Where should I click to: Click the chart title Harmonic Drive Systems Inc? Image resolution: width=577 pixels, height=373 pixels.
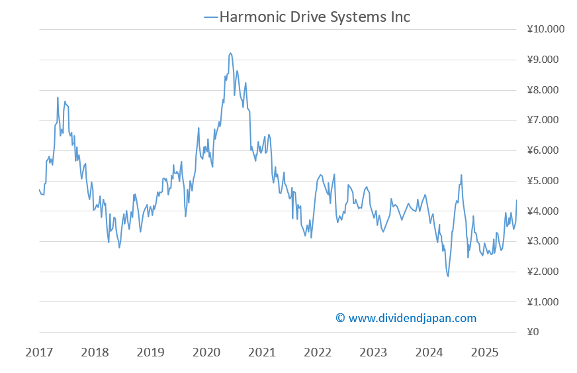point(314,17)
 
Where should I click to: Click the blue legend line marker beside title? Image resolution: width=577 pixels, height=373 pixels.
point(210,17)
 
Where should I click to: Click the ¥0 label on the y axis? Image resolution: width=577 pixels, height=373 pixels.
point(534,332)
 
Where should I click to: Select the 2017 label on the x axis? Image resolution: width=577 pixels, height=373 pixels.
point(39,352)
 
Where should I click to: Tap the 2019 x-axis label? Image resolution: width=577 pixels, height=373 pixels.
point(150,352)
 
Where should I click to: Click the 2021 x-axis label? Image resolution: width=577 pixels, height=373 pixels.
point(262,352)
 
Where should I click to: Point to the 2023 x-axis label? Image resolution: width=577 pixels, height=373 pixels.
point(373,352)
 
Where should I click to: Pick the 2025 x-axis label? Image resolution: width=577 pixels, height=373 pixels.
point(484,352)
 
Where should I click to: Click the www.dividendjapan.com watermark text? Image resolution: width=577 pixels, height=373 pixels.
point(406,318)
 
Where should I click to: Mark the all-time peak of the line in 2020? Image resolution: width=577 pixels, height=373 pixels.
point(230,53)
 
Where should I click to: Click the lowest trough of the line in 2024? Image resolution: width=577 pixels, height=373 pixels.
point(448,276)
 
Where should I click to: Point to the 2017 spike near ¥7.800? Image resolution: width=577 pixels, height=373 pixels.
point(58,97)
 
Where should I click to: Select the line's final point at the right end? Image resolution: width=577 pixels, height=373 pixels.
point(516,200)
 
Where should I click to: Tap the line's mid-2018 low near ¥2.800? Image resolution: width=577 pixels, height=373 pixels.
point(120,247)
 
